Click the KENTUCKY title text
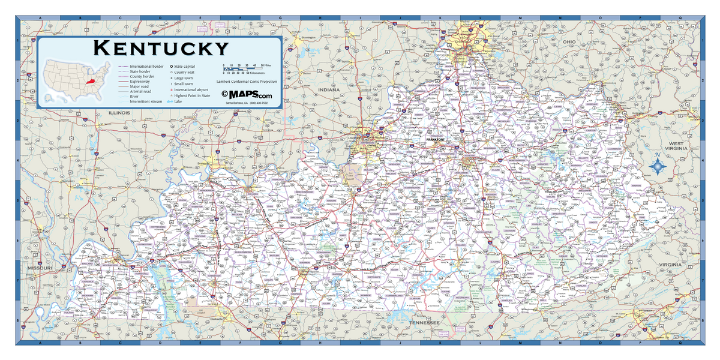point(161,48)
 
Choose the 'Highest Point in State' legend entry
point(192,95)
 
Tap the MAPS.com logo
point(247,95)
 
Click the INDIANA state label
point(329,90)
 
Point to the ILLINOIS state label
point(119,112)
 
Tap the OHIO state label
point(569,41)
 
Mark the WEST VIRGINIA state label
point(677,146)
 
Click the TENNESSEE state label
point(424,323)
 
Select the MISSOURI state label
point(40,268)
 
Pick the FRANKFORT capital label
point(436,140)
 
